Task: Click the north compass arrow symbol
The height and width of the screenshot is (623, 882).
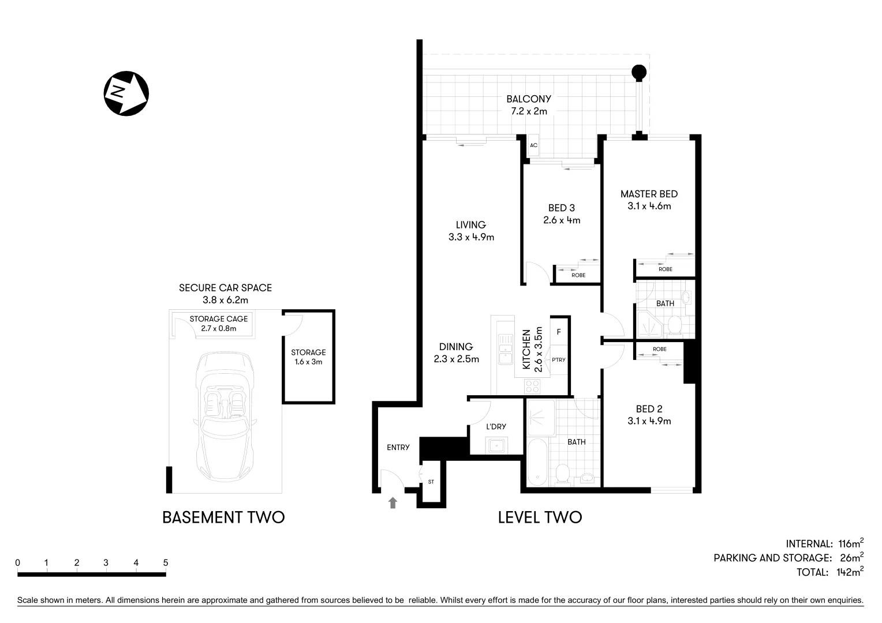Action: [126, 93]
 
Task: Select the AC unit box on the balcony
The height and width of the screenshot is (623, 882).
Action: [533, 145]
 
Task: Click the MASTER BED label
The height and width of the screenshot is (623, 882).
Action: [649, 194]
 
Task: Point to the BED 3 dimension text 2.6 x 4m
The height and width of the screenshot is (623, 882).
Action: [561, 220]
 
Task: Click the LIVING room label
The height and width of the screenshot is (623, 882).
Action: [470, 225]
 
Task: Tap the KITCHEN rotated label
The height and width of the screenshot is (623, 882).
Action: [526, 350]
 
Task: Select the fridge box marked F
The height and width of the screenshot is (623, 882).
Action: [559, 332]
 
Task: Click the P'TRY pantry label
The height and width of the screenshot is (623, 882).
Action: [558, 360]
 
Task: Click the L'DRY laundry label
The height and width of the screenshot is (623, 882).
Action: [496, 426]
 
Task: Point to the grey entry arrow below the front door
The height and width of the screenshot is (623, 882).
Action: [393, 503]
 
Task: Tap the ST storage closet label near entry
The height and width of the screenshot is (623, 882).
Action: [431, 481]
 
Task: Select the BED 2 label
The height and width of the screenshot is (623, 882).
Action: [649, 409]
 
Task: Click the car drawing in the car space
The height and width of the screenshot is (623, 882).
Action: [225, 415]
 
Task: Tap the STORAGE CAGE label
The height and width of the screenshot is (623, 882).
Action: [218, 319]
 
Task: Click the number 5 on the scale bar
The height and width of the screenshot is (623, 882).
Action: [166, 562]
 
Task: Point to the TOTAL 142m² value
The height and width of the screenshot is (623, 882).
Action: [849, 572]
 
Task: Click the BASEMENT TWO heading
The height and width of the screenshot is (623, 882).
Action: [223, 517]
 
